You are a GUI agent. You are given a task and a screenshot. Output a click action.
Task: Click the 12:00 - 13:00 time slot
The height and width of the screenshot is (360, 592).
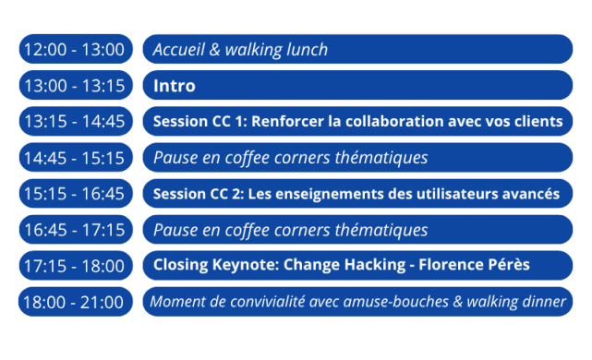[x=73, y=50]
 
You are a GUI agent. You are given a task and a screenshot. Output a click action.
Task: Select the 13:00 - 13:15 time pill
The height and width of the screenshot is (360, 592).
[x=73, y=86]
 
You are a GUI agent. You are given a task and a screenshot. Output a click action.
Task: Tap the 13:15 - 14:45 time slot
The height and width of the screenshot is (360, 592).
[x=73, y=122]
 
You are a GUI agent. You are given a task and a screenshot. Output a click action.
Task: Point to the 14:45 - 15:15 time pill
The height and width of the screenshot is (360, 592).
[x=73, y=158]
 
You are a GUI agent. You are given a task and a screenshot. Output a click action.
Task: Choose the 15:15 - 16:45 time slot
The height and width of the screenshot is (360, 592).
[x=73, y=194]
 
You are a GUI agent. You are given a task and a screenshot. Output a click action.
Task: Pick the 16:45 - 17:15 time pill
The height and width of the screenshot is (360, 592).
[x=73, y=230]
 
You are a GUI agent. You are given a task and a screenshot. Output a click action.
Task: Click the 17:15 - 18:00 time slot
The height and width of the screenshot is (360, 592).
[x=73, y=266]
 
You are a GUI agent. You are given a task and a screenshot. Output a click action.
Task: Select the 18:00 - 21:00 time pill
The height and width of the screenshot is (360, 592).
[x=73, y=302]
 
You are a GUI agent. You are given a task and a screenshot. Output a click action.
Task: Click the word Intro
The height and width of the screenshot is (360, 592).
[x=175, y=86]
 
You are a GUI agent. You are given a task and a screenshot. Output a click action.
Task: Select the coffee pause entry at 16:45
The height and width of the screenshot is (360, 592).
[x=290, y=230]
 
